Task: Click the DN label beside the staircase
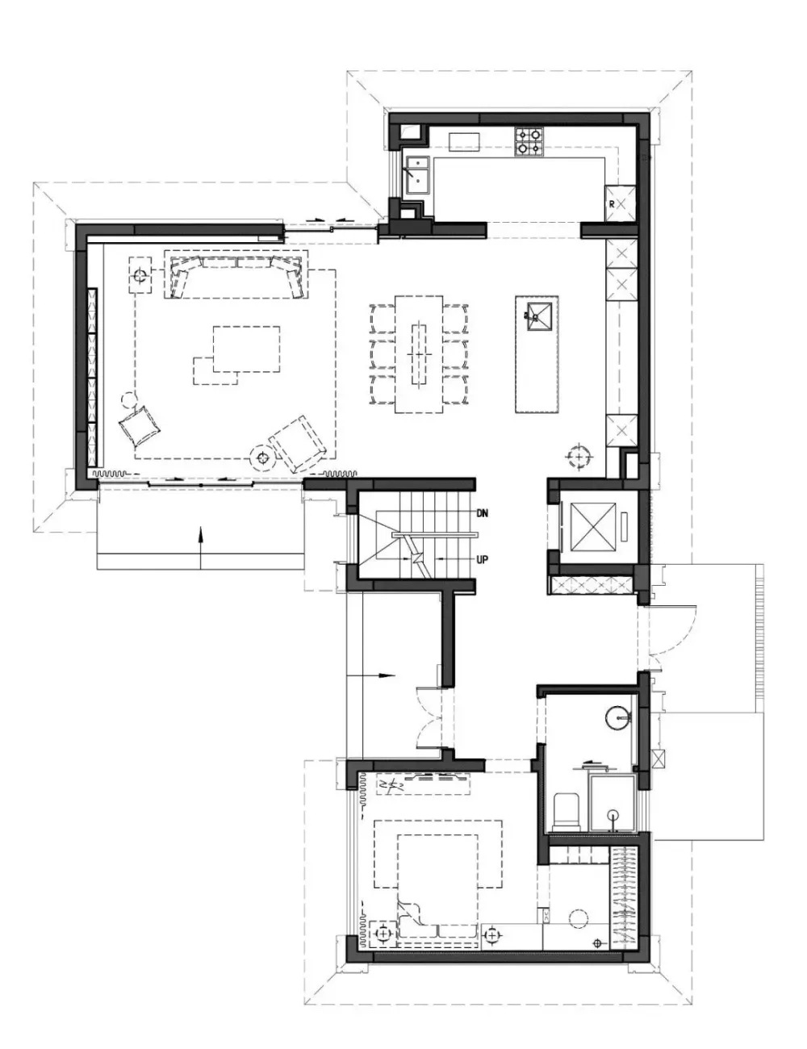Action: pos(482,513)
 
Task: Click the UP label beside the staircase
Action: pos(482,560)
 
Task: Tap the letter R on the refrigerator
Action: pos(612,204)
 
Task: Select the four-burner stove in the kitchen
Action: pos(529,141)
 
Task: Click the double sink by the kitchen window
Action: pos(417,175)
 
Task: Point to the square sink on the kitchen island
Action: pos(539,316)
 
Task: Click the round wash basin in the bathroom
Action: pos(619,717)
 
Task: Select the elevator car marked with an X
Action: pos(593,526)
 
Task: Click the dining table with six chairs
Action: pos(419,354)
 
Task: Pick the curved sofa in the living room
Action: pos(236,276)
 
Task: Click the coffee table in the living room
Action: pos(246,349)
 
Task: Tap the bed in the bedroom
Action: pos(437,886)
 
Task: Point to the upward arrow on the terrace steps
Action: pos(201,548)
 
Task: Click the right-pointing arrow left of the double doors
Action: pos(370,675)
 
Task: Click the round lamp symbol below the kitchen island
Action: pos(579,456)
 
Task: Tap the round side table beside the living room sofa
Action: pos(140,276)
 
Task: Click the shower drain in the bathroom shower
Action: pos(613,815)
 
